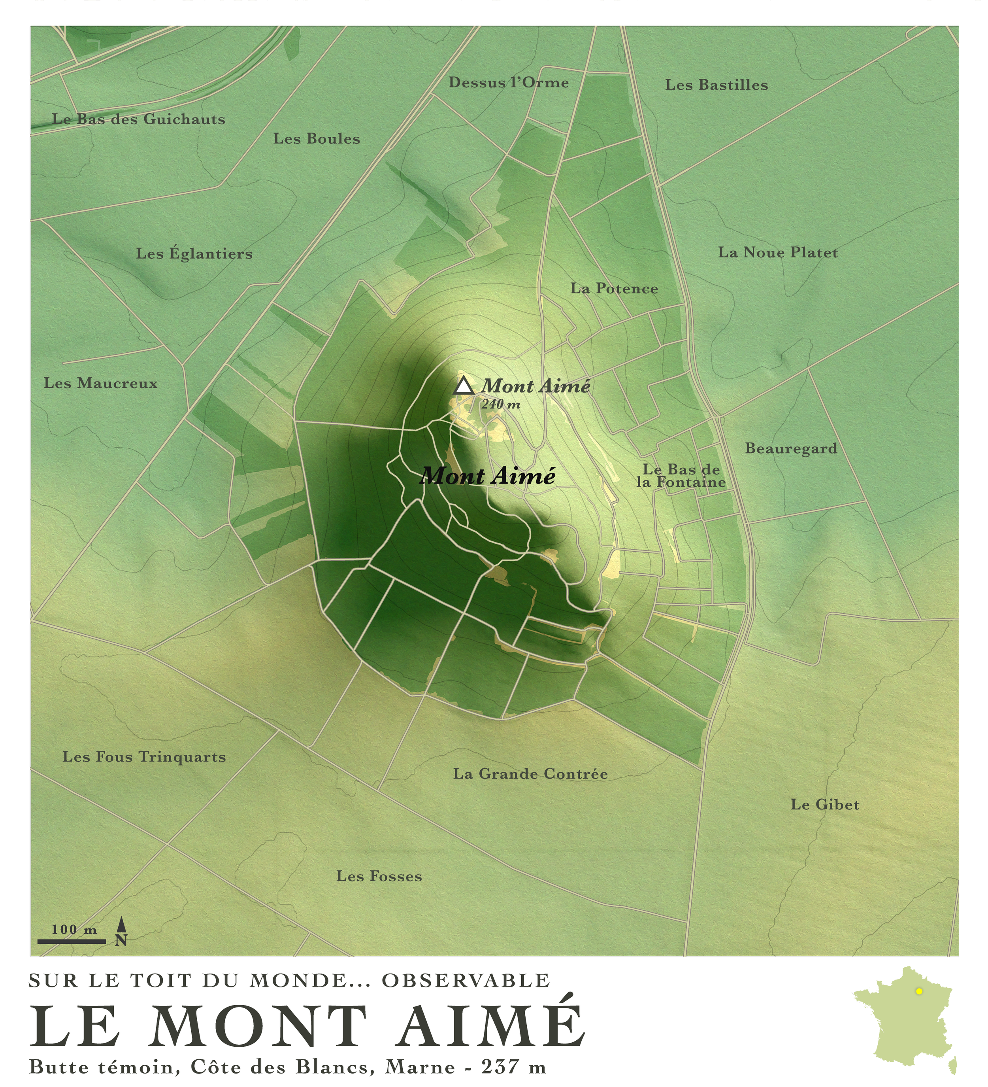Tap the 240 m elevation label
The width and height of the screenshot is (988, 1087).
[x=501, y=405]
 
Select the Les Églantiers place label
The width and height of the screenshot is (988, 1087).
[x=194, y=253]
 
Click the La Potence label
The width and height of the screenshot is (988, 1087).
[x=614, y=289]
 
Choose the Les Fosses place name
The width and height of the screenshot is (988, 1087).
[x=379, y=876]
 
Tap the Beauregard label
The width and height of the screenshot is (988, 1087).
[x=791, y=449]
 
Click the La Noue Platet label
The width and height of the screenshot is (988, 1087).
[x=778, y=252]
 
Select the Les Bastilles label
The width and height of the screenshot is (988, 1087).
[x=716, y=85]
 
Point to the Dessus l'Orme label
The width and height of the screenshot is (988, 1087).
[x=508, y=83]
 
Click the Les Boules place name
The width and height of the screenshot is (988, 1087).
[x=317, y=138]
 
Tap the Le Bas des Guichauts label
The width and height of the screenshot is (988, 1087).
[x=139, y=119]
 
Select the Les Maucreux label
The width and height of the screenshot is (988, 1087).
[x=101, y=384]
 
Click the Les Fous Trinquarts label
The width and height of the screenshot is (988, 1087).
[x=144, y=757]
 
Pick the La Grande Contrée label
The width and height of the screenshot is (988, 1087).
[x=530, y=774]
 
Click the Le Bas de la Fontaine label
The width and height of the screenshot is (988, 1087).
[x=681, y=476]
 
